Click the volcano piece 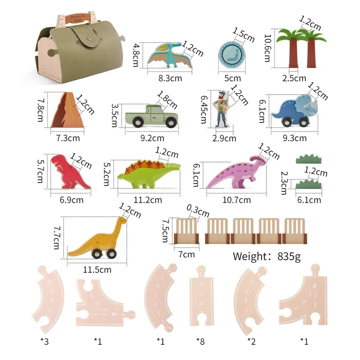66,110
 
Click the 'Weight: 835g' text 266,256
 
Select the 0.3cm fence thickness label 198,211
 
